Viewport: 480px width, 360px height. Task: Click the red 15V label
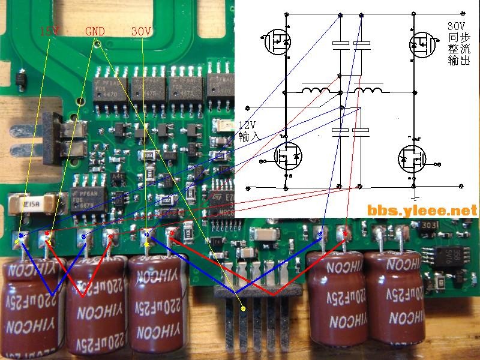click(49, 31)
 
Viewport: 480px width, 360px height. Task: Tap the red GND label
click(95, 31)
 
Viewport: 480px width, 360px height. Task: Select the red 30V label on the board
click(142, 31)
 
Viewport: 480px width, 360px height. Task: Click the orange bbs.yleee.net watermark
click(422, 210)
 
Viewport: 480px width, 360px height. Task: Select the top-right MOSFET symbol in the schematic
click(421, 43)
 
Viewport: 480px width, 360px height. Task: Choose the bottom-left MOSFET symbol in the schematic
click(288, 157)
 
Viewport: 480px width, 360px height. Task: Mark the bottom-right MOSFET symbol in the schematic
click(412, 159)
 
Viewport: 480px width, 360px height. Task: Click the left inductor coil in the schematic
click(315, 91)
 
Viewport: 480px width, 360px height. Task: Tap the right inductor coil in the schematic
click(368, 91)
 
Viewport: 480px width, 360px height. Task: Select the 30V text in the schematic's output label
click(456, 26)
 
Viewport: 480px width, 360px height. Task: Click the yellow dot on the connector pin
click(243, 308)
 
